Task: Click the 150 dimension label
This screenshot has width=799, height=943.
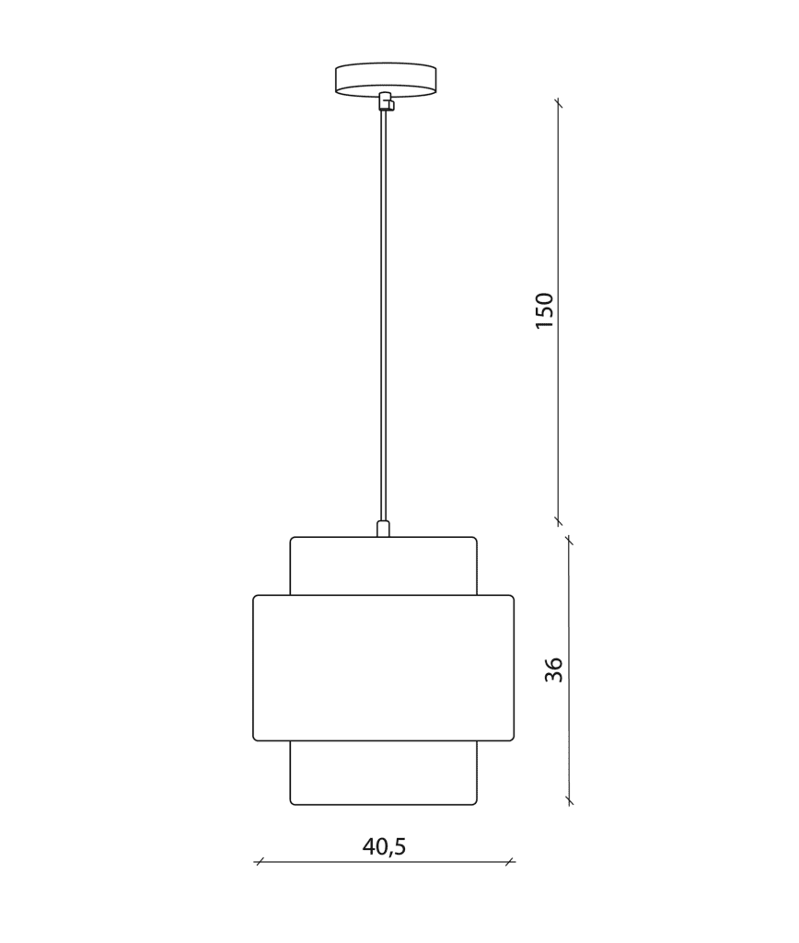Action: (x=544, y=310)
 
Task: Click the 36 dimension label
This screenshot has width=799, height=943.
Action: (x=554, y=669)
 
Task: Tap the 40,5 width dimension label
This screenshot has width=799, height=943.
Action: (x=384, y=847)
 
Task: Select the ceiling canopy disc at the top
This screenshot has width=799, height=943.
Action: (x=386, y=79)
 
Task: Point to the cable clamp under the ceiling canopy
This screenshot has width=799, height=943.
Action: (x=386, y=101)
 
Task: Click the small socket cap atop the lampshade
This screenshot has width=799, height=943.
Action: (x=383, y=528)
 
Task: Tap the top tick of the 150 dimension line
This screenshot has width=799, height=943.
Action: (x=559, y=103)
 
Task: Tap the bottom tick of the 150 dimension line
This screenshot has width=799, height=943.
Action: (x=559, y=520)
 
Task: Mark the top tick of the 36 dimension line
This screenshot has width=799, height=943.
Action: (x=569, y=541)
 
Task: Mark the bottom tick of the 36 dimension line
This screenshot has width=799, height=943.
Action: (x=569, y=801)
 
